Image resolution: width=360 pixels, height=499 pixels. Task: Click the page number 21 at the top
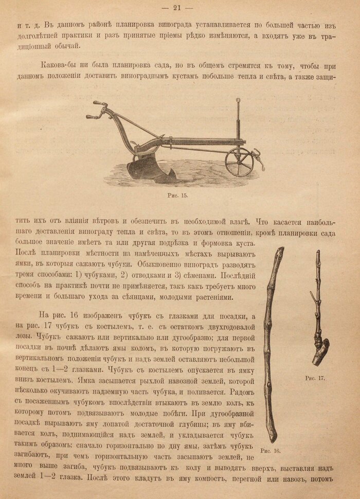point(179,7)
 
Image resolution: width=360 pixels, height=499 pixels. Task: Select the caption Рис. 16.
point(271,451)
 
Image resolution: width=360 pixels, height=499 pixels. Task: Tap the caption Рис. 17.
point(315,378)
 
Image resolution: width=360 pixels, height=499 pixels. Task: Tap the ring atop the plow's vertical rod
point(238,101)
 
